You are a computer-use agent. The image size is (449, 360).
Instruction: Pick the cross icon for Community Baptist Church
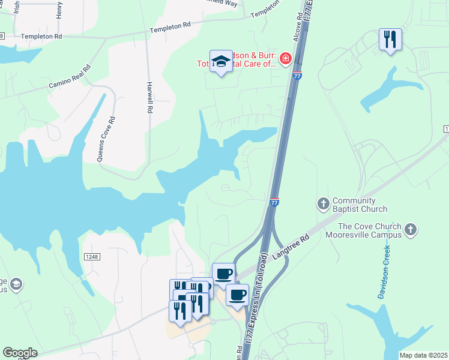pos(323,204)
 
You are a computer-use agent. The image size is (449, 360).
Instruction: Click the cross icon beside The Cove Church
pos(411,229)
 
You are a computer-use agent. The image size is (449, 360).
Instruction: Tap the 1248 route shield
pos(91,257)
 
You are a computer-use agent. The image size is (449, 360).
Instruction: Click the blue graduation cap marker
pos(221,61)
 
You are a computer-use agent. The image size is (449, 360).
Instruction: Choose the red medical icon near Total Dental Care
pos(286,59)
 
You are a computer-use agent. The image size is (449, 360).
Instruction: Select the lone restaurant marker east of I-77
pos(390,40)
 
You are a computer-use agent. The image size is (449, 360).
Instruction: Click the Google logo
pos(20,353)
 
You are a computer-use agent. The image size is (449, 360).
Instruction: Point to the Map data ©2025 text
pos(423,355)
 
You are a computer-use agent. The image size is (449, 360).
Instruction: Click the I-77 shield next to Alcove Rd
pos(298,75)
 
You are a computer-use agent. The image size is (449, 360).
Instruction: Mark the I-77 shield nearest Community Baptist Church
pos(274,202)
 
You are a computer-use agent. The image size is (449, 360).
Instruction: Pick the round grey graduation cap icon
pos(17,283)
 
